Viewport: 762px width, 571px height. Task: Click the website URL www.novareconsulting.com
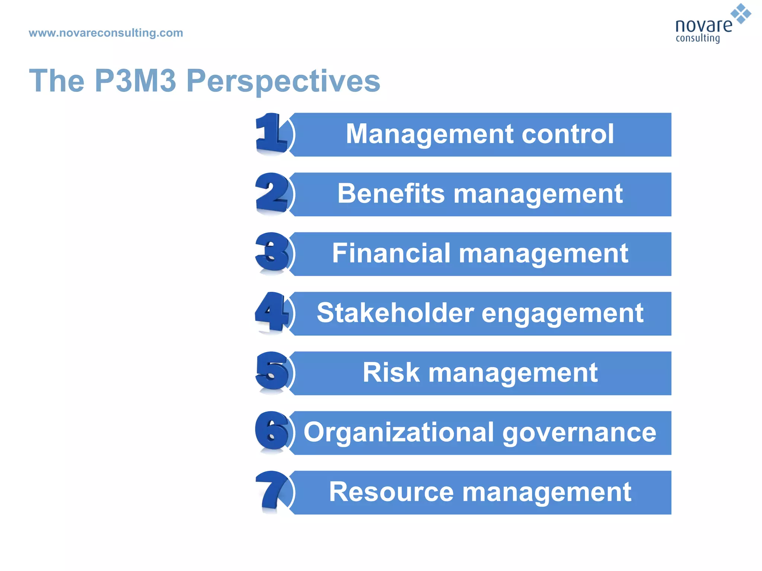tap(106, 33)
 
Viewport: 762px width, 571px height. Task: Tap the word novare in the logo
tap(703, 25)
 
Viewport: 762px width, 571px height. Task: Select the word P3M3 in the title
tap(135, 81)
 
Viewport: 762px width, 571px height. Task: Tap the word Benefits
tap(391, 194)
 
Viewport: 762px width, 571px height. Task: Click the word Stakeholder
tap(396, 313)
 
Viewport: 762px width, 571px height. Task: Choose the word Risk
tap(391, 372)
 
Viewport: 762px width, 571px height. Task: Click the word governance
tap(579, 433)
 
